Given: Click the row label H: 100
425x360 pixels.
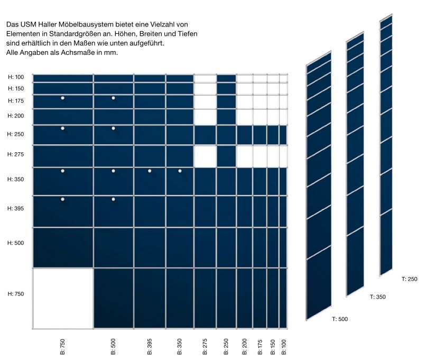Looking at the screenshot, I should tap(16, 77).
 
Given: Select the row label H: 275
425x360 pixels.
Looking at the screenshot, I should tap(16, 154).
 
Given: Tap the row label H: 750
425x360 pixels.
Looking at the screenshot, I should tap(16, 293).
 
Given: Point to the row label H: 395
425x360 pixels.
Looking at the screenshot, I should tap(16, 208).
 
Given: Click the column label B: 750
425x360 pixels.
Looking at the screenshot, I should tap(62, 346).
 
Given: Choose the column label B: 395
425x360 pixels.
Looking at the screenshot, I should tap(150, 346).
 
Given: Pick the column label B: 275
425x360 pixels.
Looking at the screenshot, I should tap(205, 346).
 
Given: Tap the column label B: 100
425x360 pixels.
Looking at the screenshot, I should tap(284, 346).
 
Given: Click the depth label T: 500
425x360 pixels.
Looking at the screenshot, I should tap(340, 319).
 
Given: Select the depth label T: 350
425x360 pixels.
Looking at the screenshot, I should tap(377, 297).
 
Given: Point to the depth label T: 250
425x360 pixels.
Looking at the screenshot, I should tap(410, 279).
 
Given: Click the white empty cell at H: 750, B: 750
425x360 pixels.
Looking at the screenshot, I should tap(63, 299).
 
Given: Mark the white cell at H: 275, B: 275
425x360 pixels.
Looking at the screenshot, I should tap(205, 156).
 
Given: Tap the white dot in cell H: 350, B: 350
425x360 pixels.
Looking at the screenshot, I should tap(180, 171).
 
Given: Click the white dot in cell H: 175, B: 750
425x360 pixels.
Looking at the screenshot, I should tap(62, 98).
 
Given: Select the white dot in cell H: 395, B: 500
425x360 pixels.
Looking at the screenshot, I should tap(113, 199).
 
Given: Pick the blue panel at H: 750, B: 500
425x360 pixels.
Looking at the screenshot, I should tap(113, 299).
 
